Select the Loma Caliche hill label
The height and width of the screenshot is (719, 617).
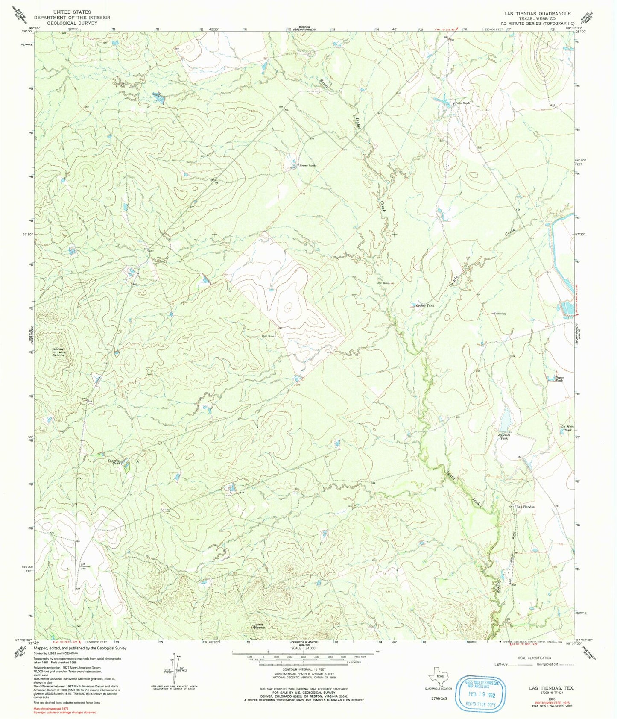[x=58, y=352]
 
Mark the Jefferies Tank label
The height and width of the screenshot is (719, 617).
[x=504, y=437]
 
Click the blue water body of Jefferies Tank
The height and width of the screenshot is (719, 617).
[x=506, y=420]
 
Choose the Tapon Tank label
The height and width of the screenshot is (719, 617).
[x=559, y=378]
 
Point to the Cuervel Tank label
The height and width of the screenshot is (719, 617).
[x=114, y=461]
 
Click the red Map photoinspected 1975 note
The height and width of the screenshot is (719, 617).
[x=51, y=709]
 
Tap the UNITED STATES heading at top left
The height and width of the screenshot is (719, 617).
[x=72, y=12]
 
